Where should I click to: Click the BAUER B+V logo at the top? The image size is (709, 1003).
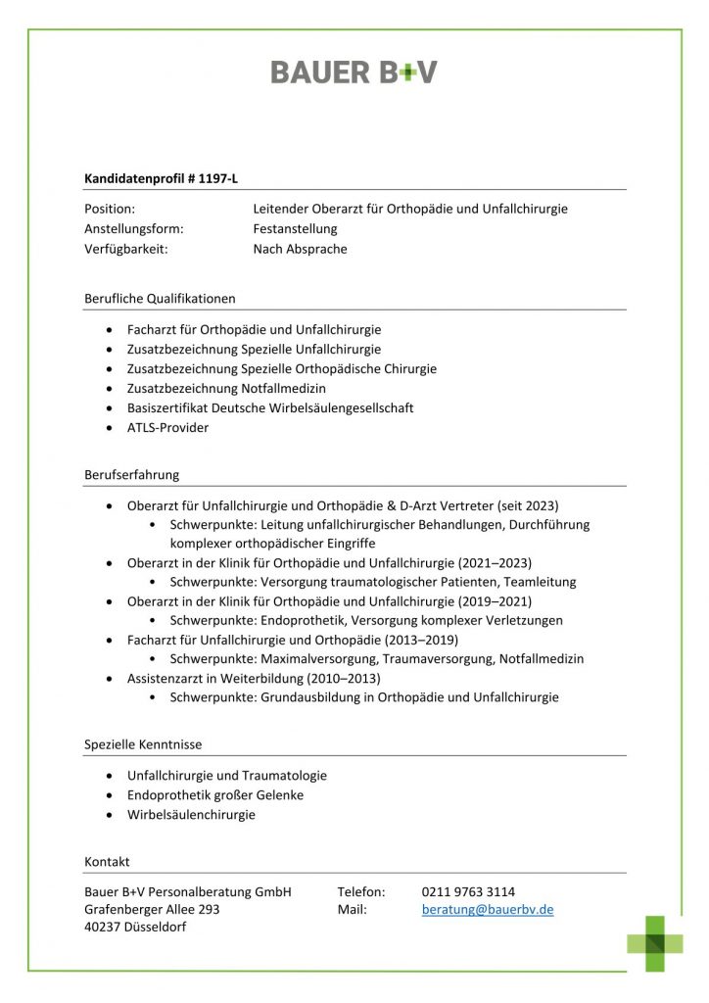tap(354, 72)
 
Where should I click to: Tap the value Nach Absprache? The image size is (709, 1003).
tap(300, 249)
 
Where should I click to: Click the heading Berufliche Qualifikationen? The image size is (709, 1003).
tap(160, 298)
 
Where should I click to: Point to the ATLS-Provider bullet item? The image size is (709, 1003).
tap(167, 428)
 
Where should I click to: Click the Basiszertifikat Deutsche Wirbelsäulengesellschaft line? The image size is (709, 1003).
tap(270, 408)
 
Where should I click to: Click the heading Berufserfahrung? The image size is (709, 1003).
tap(132, 475)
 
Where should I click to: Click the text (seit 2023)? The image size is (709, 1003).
tap(528, 506)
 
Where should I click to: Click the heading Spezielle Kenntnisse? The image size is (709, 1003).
tap(143, 745)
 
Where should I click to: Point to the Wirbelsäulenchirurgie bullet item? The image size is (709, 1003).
tap(191, 815)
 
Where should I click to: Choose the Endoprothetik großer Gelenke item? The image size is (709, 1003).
tap(215, 795)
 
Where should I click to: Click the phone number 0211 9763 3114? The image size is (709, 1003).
tap(468, 891)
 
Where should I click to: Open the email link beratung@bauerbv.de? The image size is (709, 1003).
tap(488, 910)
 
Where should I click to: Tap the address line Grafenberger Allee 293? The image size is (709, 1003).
tap(153, 910)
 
